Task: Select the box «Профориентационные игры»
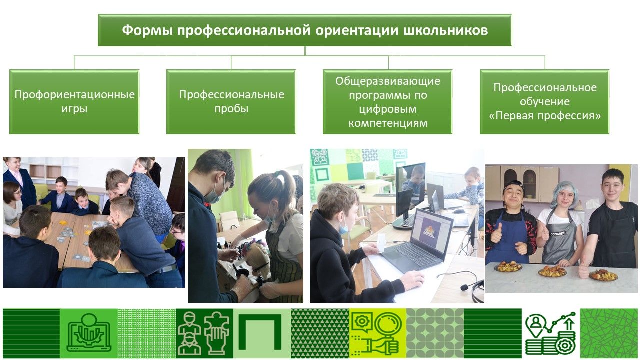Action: [x=74, y=102]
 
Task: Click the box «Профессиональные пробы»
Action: [x=231, y=102]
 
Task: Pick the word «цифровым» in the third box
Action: [x=388, y=109]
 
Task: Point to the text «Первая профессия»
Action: [x=545, y=116]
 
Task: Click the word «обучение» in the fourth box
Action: [x=545, y=101]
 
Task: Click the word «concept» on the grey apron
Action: [x=557, y=234]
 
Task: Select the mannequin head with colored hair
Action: [x=255, y=254]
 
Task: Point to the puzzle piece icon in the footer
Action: [x=216, y=333]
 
